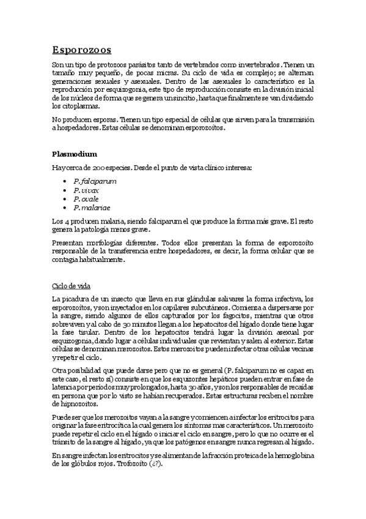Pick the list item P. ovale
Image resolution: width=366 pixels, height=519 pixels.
pyautogui.click(x=86, y=199)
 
